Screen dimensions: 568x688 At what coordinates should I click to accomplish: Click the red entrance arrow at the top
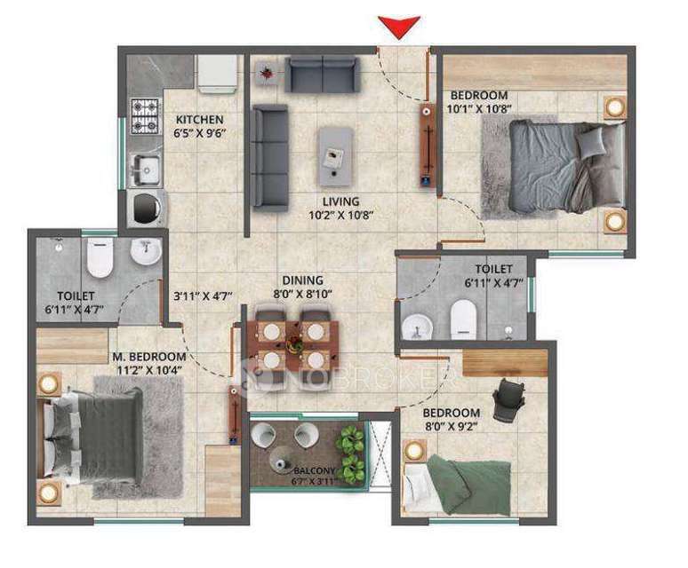coord(397,28)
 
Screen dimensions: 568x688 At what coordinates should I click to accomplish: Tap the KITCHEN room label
coord(199,120)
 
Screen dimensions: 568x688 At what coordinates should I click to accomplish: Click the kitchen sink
coord(144,168)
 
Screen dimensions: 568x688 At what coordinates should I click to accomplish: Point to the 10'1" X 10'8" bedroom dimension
coord(480,109)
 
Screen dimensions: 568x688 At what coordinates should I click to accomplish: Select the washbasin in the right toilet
coord(416,327)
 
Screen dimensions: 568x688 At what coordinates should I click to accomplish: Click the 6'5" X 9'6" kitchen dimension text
coord(198,135)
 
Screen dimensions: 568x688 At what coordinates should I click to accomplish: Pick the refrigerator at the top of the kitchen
coord(216,73)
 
